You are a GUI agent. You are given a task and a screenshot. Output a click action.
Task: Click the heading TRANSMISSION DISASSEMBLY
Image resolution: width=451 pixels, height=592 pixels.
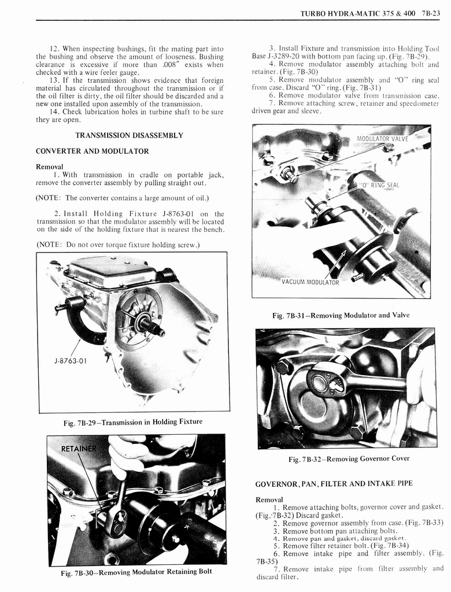(130, 135)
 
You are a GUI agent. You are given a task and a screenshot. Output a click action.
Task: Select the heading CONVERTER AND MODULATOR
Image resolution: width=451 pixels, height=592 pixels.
(93, 151)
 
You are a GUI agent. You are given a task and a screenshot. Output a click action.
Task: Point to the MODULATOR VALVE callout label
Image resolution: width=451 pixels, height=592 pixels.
(382, 139)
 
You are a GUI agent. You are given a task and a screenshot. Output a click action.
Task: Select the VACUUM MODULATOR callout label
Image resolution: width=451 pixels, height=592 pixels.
(310, 282)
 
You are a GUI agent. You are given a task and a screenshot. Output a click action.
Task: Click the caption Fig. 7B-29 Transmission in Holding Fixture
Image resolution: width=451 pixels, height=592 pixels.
(133, 422)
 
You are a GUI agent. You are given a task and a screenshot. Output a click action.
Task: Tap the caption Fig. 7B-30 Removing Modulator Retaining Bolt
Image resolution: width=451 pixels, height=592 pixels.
(136, 572)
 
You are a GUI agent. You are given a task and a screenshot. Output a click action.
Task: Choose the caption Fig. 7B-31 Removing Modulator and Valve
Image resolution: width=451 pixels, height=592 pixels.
(341, 315)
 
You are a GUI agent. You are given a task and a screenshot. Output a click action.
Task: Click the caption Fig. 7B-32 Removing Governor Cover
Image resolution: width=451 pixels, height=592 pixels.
(348, 458)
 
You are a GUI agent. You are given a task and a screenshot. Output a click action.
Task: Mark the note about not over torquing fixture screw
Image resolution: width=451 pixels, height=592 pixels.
(118, 244)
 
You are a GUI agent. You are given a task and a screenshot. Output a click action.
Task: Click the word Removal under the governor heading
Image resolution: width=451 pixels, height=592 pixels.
(269, 499)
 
